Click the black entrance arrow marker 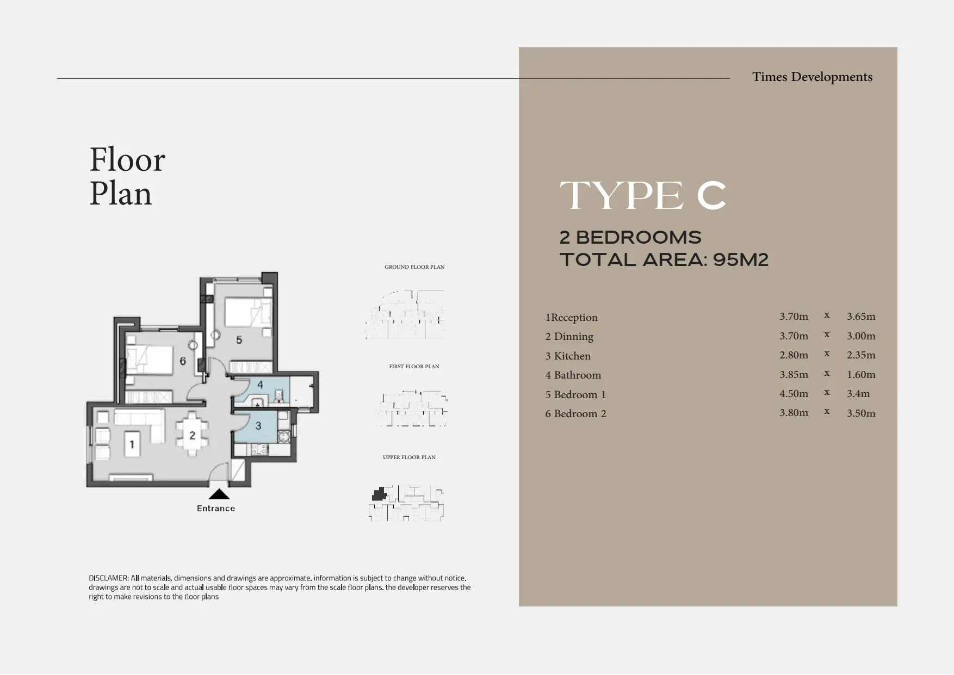pos(219,494)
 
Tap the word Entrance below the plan pos(216,509)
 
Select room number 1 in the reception pos(131,445)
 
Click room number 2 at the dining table pos(192,435)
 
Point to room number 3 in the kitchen pos(258,426)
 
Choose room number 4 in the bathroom pos(260,385)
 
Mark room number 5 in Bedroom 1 pos(239,340)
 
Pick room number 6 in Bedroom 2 pos(183,361)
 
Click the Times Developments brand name pos(812,77)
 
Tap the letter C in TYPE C pos(711,196)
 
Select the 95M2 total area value pos(741,260)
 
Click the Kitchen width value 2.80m pos(794,355)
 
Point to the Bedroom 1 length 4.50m pos(794,394)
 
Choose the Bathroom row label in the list pos(573,375)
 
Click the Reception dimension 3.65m pos(861,317)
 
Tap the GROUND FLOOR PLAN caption pos(414,267)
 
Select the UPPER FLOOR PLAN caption pos(409,457)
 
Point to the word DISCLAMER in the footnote pos(109,579)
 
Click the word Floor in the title pos(127,160)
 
